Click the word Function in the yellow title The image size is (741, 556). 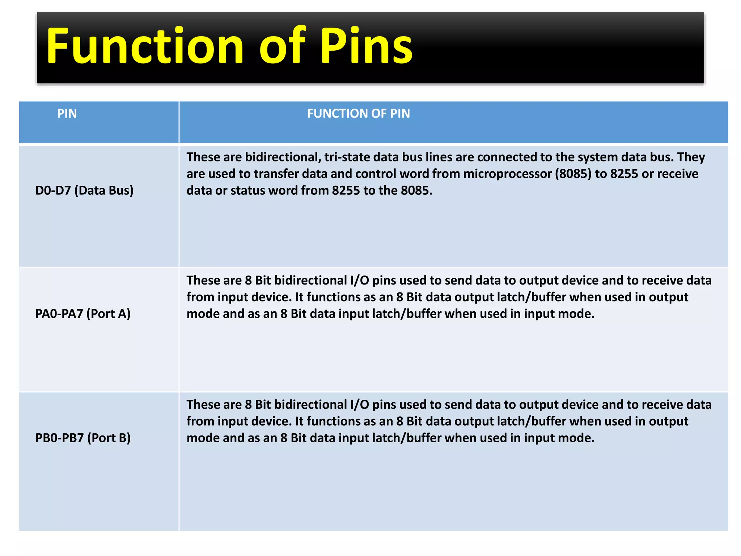coord(145,46)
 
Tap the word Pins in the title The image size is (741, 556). coord(366,46)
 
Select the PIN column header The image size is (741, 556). coord(67,114)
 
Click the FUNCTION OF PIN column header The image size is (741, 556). coord(358,114)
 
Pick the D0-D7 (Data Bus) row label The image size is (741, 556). coord(84,190)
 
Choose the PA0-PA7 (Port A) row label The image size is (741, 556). coord(83,313)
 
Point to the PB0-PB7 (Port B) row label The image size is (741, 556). coord(83,438)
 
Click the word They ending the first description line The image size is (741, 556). coord(691,157)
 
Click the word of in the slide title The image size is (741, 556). coord(282,46)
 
